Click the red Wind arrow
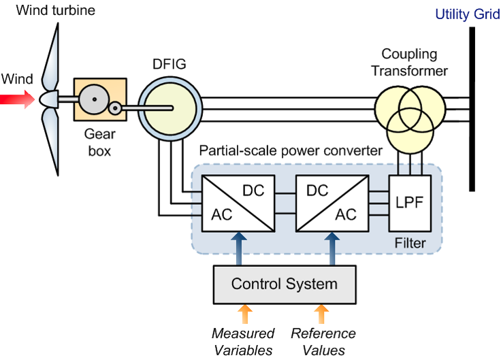pyautogui.click(x=17, y=99)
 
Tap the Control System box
pyautogui.click(x=285, y=284)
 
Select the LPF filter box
pyautogui.click(x=410, y=203)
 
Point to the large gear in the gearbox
pyautogui.click(x=94, y=99)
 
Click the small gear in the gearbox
pyautogui.click(x=115, y=108)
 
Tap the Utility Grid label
pyautogui.click(x=468, y=14)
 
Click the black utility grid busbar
pyautogui.click(x=472, y=110)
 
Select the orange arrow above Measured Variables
pyautogui.click(x=245, y=314)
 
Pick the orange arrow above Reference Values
pyautogui.click(x=321, y=314)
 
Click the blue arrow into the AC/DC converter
pyautogui.click(x=239, y=248)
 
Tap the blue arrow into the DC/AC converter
pyautogui.click(x=332, y=248)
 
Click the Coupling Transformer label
pyautogui.click(x=409, y=63)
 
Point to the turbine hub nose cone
pyautogui.click(x=49, y=99)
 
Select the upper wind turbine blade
pyautogui.click(x=51, y=56)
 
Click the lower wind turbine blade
pyautogui.click(x=50, y=142)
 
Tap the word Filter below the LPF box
pyautogui.click(x=410, y=243)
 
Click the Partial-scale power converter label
pyautogui.click(x=291, y=150)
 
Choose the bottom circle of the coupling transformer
pyautogui.click(x=410, y=131)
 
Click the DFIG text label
pyautogui.click(x=169, y=64)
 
